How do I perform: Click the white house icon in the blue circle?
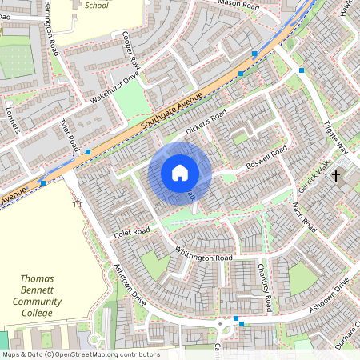click(x=180, y=173)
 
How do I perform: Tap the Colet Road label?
click(x=132, y=232)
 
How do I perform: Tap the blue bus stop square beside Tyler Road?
click(x=87, y=150)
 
